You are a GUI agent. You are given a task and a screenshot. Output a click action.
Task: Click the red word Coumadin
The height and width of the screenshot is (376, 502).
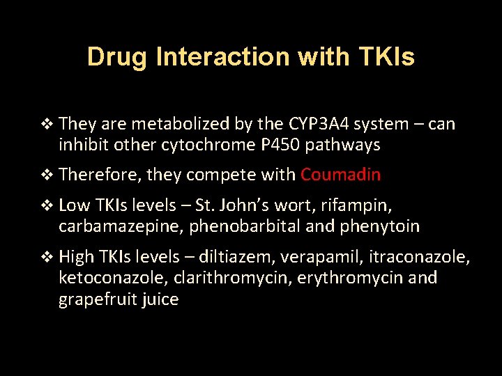tap(340, 175)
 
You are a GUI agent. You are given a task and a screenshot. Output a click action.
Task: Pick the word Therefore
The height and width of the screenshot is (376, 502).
tap(101, 175)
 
